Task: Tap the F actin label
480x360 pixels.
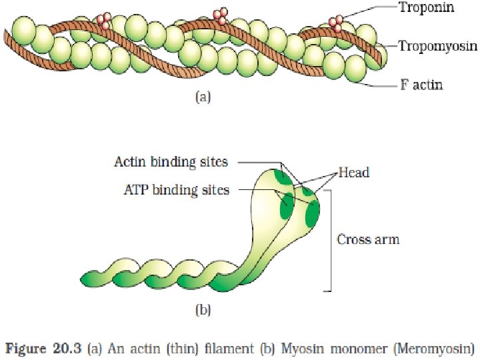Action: pyautogui.click(x=421, y=85)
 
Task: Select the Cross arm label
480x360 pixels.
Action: pyautogui.click(x=368, y=239)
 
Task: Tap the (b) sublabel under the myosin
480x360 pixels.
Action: pyautogui.click(x=203, y=309)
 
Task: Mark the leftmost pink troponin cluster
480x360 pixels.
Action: pyautogui.click(x=104, y=21)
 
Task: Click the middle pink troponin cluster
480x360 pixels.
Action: pyautogui.click(x=220, y=15)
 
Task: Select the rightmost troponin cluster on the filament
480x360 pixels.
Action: pyautogui.click(x=337, y=23)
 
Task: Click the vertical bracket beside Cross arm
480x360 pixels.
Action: pyautogui.click(x=329, y=240)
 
